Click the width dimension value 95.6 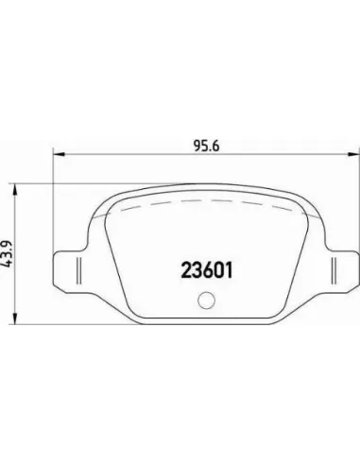coord(206,146)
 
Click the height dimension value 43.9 coord(7,254)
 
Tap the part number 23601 coord(207,270)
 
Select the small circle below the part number coord(207,300)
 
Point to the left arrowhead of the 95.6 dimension coord(59,154)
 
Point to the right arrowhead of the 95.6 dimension coord(353,154)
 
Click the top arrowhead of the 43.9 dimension coord(14,189)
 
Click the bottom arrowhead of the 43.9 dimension coord(14,319)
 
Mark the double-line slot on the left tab coord(79,271)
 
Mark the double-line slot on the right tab coord(334,271)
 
